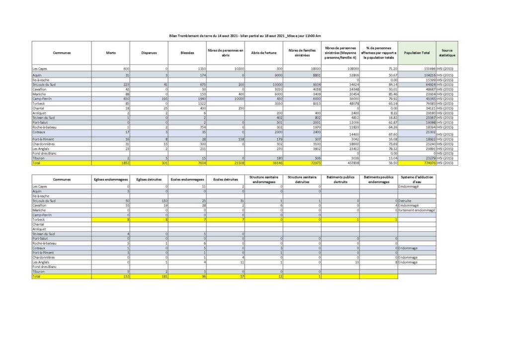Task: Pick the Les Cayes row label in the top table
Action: (41, 68)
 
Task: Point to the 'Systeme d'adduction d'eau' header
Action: (417, 179)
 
